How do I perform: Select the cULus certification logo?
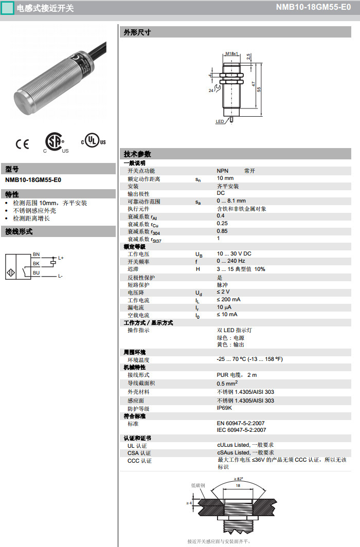[x=93, y=140]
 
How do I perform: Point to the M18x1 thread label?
[x=232, y=53]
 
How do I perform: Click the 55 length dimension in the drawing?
[x=259, y=89]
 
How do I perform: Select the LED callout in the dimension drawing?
[x=220, y=122]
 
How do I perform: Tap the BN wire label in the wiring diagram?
[x=36, y=254]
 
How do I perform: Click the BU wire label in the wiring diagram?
[x=36, y=272]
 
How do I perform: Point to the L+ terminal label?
[x=61, y=258]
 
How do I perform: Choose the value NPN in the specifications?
[x=222, y=171]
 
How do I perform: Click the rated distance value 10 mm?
[x=225, y=178]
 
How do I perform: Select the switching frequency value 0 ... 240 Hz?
[x=231, y=261]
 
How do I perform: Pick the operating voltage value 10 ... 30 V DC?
[x=234, y=254]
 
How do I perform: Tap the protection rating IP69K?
[x=224, y=408]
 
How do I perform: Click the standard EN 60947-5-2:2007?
[x=241, y=423]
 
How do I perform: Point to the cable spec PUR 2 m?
[x=237, y=375]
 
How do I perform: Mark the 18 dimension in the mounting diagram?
[x=238, y=485]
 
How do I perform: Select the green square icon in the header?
[x=7, y=8]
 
